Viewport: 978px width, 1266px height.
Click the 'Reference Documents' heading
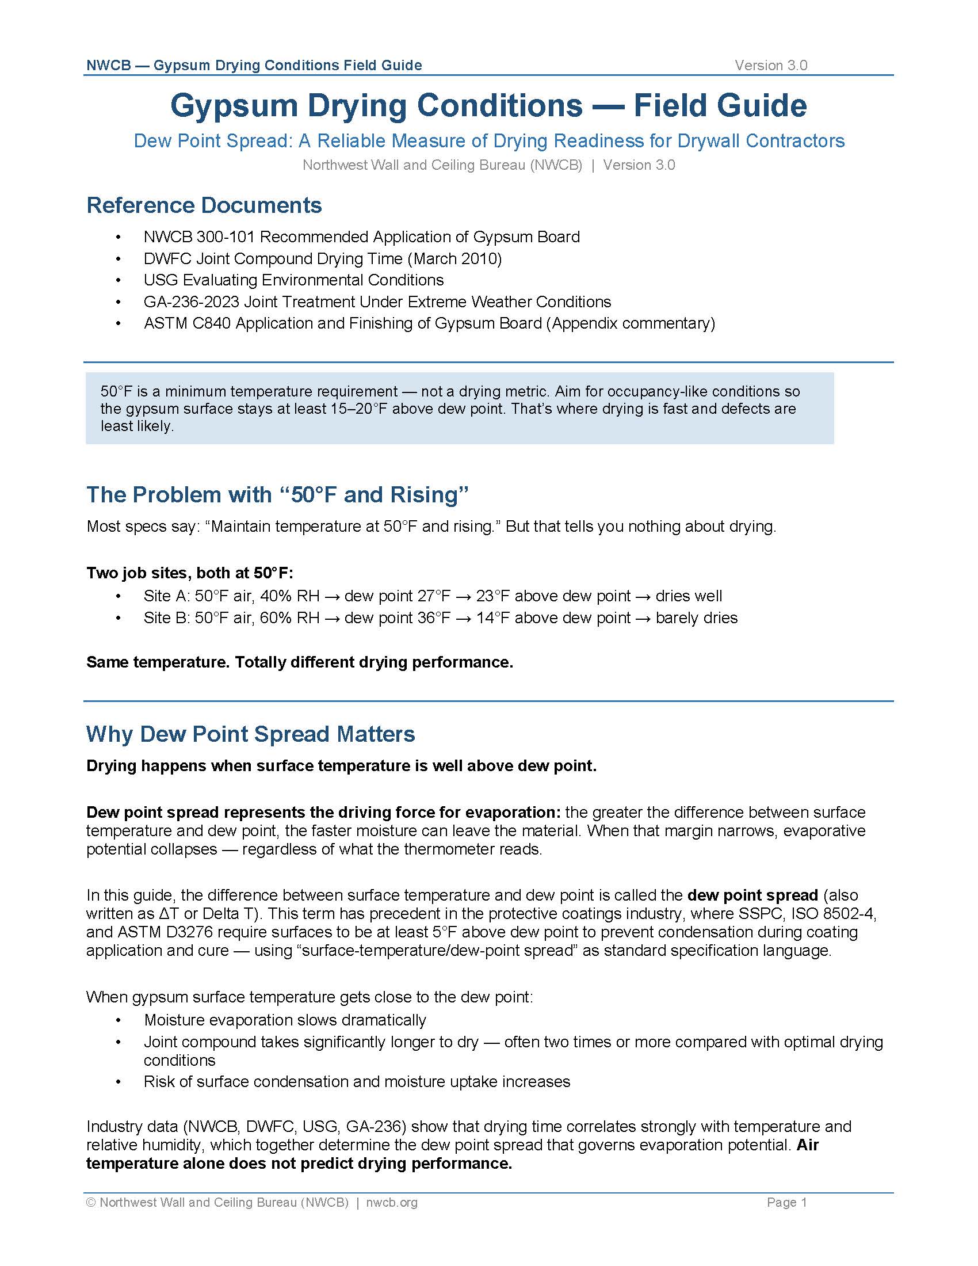click(x=204, y=205)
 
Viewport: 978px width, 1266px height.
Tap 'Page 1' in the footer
click(x=786, y=1202)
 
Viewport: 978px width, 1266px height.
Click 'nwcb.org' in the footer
click(x=392, y=1202)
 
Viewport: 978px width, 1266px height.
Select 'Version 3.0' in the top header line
click(x=770, y=66)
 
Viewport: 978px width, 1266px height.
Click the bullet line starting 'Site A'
click(x=432, y=596)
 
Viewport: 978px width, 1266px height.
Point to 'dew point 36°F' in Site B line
click(x=397, y=618)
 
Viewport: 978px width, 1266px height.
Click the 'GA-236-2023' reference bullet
click(x=377, y=302)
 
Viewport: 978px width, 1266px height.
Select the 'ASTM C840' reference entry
click(x=429, y=323)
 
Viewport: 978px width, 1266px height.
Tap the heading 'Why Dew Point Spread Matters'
click(x=250, y=734)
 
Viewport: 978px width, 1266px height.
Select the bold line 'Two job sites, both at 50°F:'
click(x=189, y=573)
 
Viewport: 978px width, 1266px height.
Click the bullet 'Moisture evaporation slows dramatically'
click(x=284, y=1020)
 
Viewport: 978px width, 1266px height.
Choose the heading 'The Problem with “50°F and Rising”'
click(x=277, y=494)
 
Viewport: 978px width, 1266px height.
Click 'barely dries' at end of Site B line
click(x=697, y=618)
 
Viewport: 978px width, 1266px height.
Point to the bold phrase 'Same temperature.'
click(x=158, y=662)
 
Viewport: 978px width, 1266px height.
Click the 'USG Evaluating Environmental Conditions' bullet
click(x=293, y=280)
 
